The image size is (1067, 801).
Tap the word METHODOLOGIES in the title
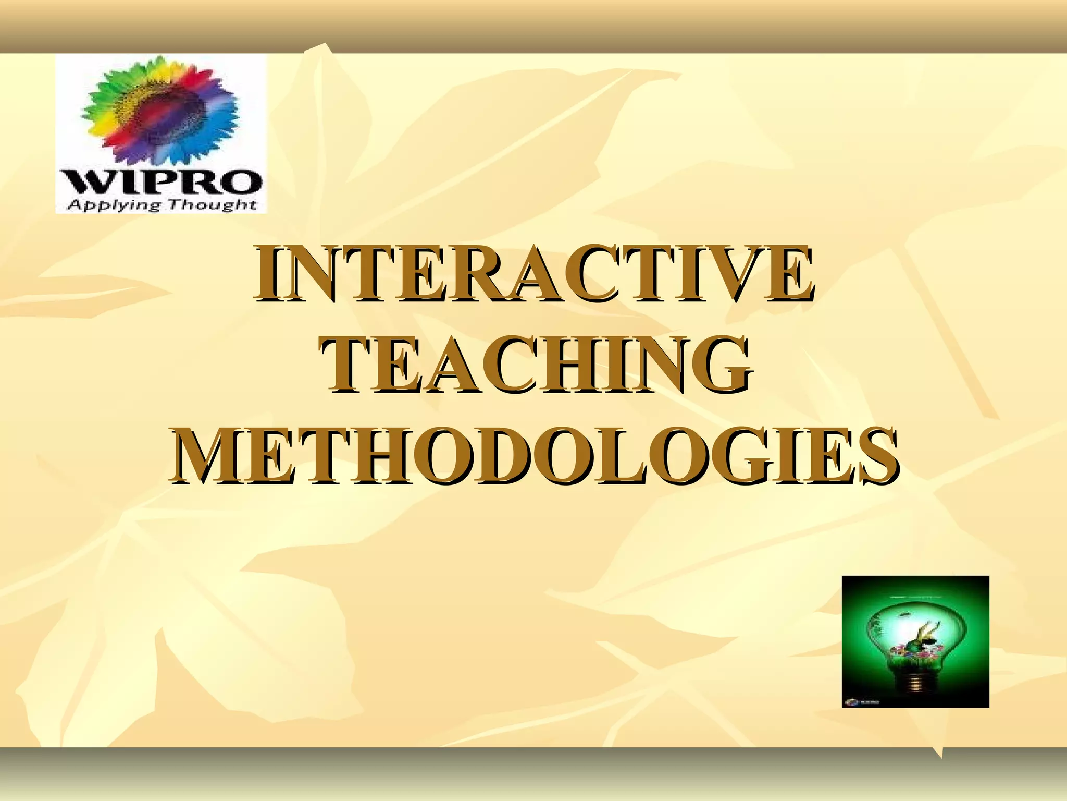535,455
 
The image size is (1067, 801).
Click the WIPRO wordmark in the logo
162,183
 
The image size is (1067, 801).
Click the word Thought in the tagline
212,204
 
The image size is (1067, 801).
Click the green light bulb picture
915,641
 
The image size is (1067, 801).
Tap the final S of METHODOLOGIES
875,455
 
